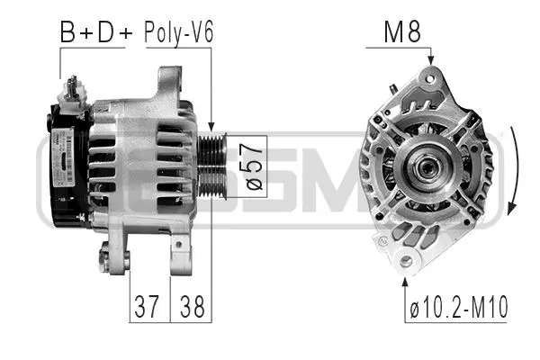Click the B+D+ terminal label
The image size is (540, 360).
pos(95,32)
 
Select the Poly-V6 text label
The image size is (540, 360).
pos(178,32)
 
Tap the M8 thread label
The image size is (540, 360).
pos(403,32)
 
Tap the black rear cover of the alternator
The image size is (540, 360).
pos(63,166)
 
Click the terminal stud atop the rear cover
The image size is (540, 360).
pos(71,88)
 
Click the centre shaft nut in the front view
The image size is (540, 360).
pos(423,166)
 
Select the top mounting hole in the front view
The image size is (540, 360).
pos(430,77)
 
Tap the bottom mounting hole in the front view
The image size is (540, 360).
pos(406,261)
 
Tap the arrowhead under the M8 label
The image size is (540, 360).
pos(430,59)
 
